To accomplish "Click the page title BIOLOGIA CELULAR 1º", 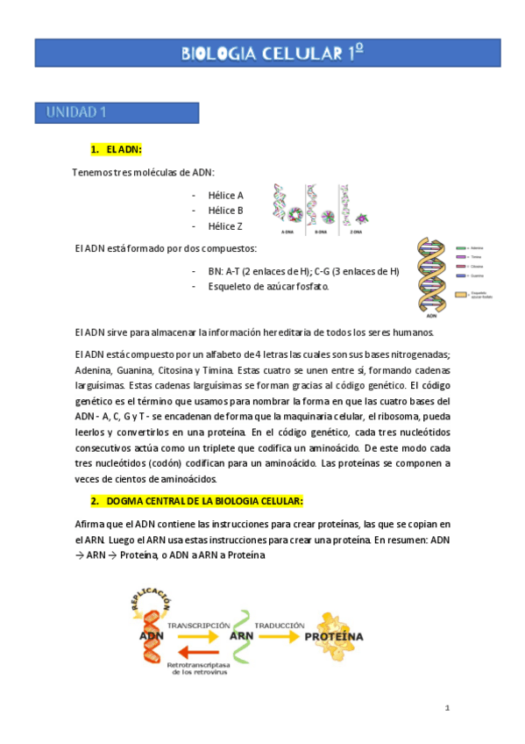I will point(272,54).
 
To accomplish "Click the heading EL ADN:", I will point(123,151).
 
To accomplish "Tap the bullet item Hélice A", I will point(225,195).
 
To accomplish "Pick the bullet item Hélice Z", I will point(225,226).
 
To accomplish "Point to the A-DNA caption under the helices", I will point(287,232).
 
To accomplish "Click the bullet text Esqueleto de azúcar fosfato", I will point(269,286).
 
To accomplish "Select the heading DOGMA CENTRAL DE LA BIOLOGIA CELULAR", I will point(203,501).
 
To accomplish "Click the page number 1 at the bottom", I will point(446,707).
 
